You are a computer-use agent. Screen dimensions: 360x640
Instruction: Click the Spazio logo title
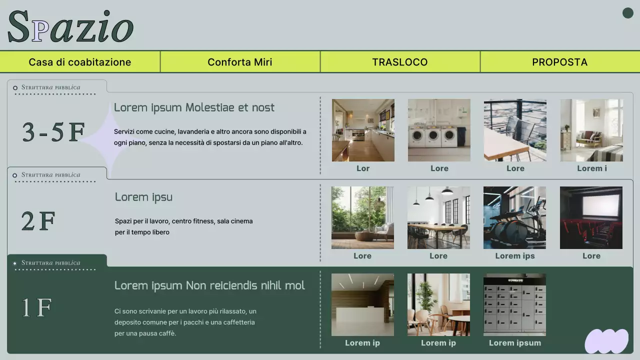coord(70,27)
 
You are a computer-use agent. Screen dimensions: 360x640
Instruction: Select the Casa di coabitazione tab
coord(80,62)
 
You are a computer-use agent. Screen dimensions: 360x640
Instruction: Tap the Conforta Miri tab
coord(240,62)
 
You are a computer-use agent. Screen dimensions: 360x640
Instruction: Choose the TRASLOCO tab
coord(400,62)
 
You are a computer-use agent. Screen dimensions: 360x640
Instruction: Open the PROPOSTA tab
coord(560,62)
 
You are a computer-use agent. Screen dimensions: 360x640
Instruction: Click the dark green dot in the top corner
coord(628,13)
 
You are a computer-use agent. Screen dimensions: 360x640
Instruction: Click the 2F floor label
coord(38,221)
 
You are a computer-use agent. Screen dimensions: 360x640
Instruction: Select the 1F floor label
coord(36,307)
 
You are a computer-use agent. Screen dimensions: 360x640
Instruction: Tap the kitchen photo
coord(363,130)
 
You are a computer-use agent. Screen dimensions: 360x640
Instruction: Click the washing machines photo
coord(439,130)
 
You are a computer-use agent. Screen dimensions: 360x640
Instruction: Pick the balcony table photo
coord(515,130)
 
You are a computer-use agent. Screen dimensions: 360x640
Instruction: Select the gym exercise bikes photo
coord(514,217)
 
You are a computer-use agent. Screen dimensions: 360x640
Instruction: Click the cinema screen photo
coord(591,217)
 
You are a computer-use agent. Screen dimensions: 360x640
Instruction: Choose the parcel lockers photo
coord(514,304)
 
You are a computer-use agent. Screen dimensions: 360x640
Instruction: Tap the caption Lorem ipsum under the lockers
coord(515,343)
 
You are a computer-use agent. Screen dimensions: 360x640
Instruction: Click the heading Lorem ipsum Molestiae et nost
coord(194,107)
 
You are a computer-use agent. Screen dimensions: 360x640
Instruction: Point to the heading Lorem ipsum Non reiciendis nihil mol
coord(209,285)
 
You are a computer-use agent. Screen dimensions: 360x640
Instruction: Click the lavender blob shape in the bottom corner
coord(606,341)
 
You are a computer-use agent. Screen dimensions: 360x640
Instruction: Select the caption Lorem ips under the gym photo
coord(515,256)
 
